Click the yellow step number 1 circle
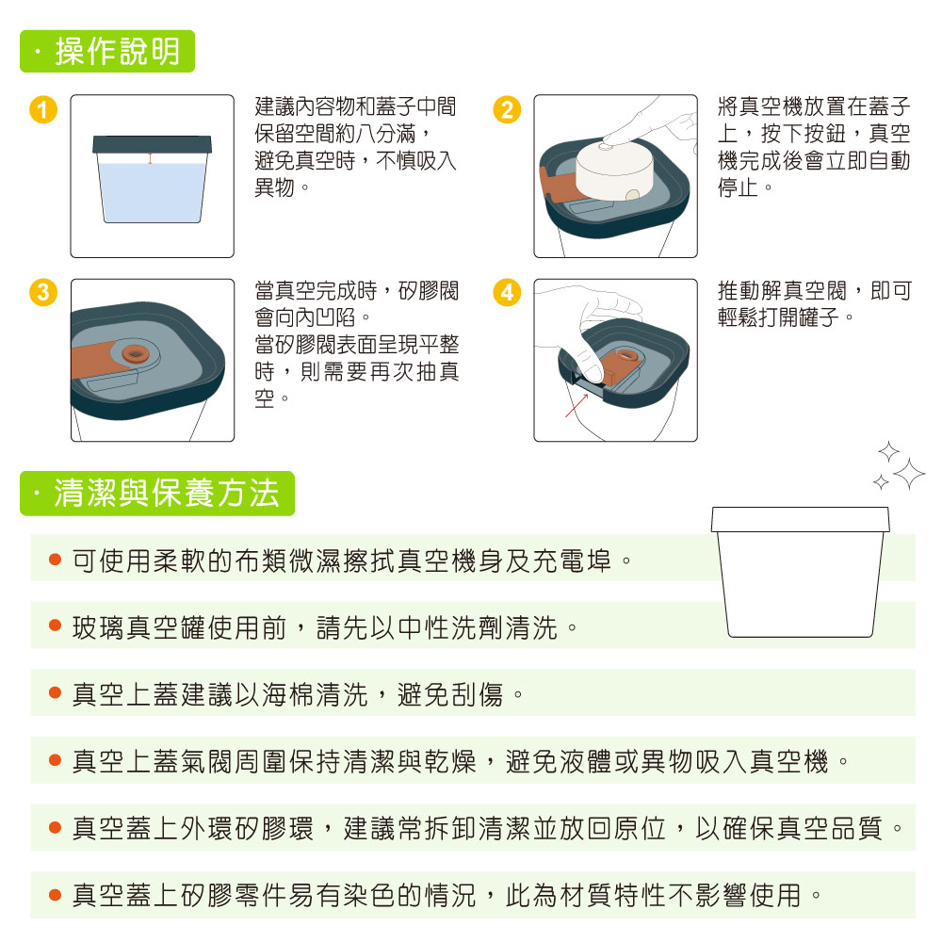(x=43, y=110)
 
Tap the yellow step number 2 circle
(x=507, y=110)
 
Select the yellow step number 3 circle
(x=43, y=293)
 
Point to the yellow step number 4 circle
(x=507, y=293)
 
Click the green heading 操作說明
(x=107, y=51)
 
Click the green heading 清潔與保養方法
(x=157, y=494)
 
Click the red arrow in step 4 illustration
(x=577, y=405)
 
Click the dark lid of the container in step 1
(x=152, y=144)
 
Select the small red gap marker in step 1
(x=150, y=158)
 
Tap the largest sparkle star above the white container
(x=909, y=474)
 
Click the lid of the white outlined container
(x=800, y=519)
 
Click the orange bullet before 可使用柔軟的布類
(x=56, y=560)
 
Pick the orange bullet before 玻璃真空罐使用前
(x=56, y=625)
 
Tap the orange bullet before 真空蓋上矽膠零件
(x=56, y=895)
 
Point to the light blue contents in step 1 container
(x=152, y=192)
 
